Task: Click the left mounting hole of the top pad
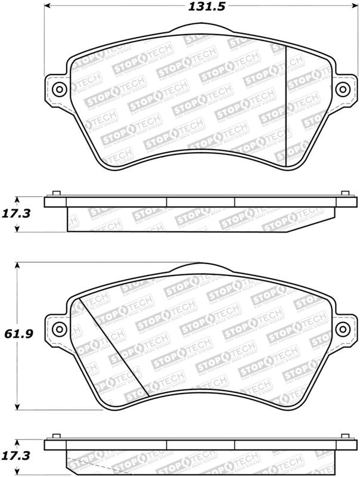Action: click(x=58, y=90)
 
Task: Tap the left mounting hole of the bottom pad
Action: click(x=58, y=330)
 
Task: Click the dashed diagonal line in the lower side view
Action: click(x=87, y=467)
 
